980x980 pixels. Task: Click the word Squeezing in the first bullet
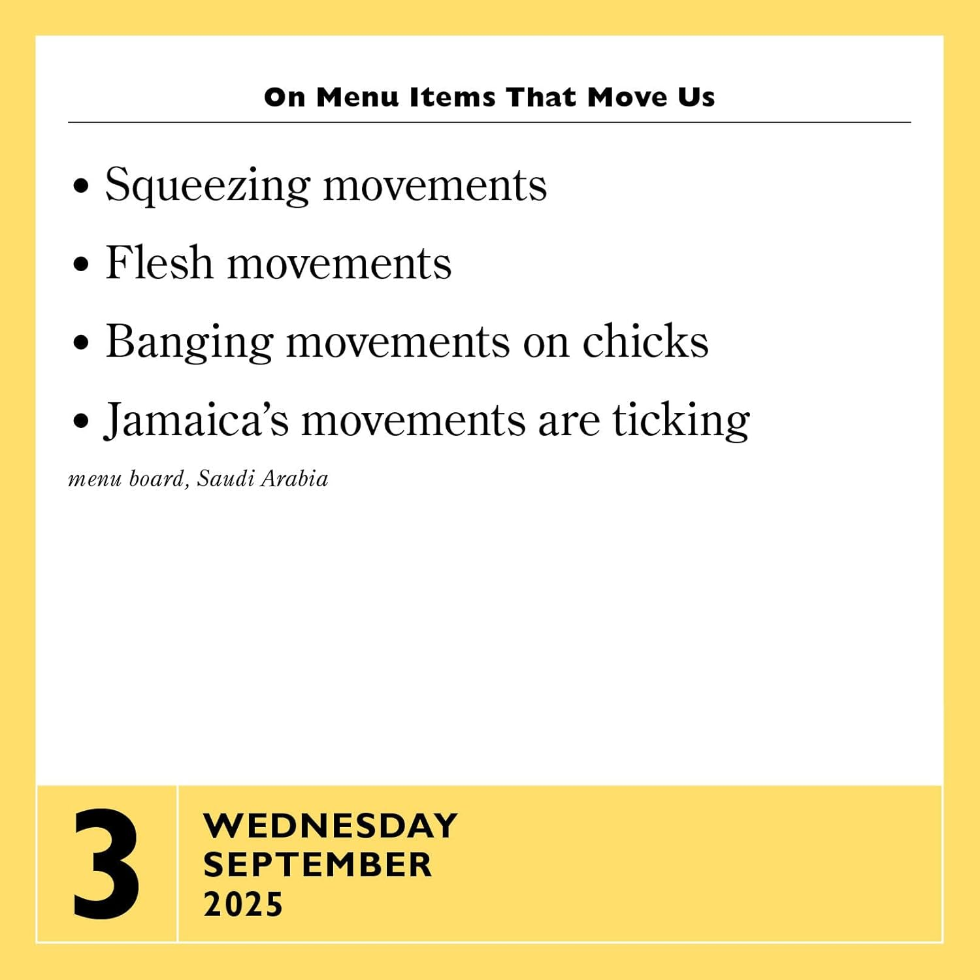(x=207, y=186)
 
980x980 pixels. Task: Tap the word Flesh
(x=159, y=263)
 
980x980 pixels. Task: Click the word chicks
(x=645, y=341)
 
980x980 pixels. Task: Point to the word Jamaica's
(x=196, y=420)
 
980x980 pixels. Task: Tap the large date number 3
(x=106, y=864)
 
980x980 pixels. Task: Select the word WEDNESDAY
(x=331, y=826)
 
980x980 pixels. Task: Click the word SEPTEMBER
(x=318, y=865)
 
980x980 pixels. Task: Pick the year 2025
(x=243, y=905)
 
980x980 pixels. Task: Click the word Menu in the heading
(x=357, y=97)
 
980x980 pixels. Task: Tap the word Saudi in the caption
(x=225, y=479)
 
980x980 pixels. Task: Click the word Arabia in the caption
(x=295, y=479)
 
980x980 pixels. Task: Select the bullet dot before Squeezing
(x=81, y=187)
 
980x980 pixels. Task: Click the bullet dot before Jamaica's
(x=81, y=421)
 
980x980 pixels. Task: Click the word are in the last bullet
(x=568, y=421)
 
